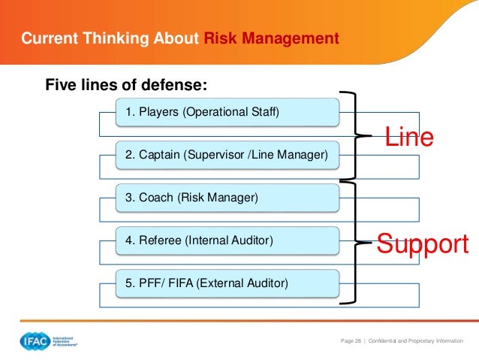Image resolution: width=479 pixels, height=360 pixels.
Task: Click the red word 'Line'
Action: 409,138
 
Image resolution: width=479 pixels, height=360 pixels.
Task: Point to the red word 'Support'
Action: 423,244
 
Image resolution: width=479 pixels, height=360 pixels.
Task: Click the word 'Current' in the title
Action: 47,38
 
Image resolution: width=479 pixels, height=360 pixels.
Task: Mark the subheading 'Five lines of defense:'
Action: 126,83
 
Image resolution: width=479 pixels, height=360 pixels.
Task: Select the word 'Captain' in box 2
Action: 158,156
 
